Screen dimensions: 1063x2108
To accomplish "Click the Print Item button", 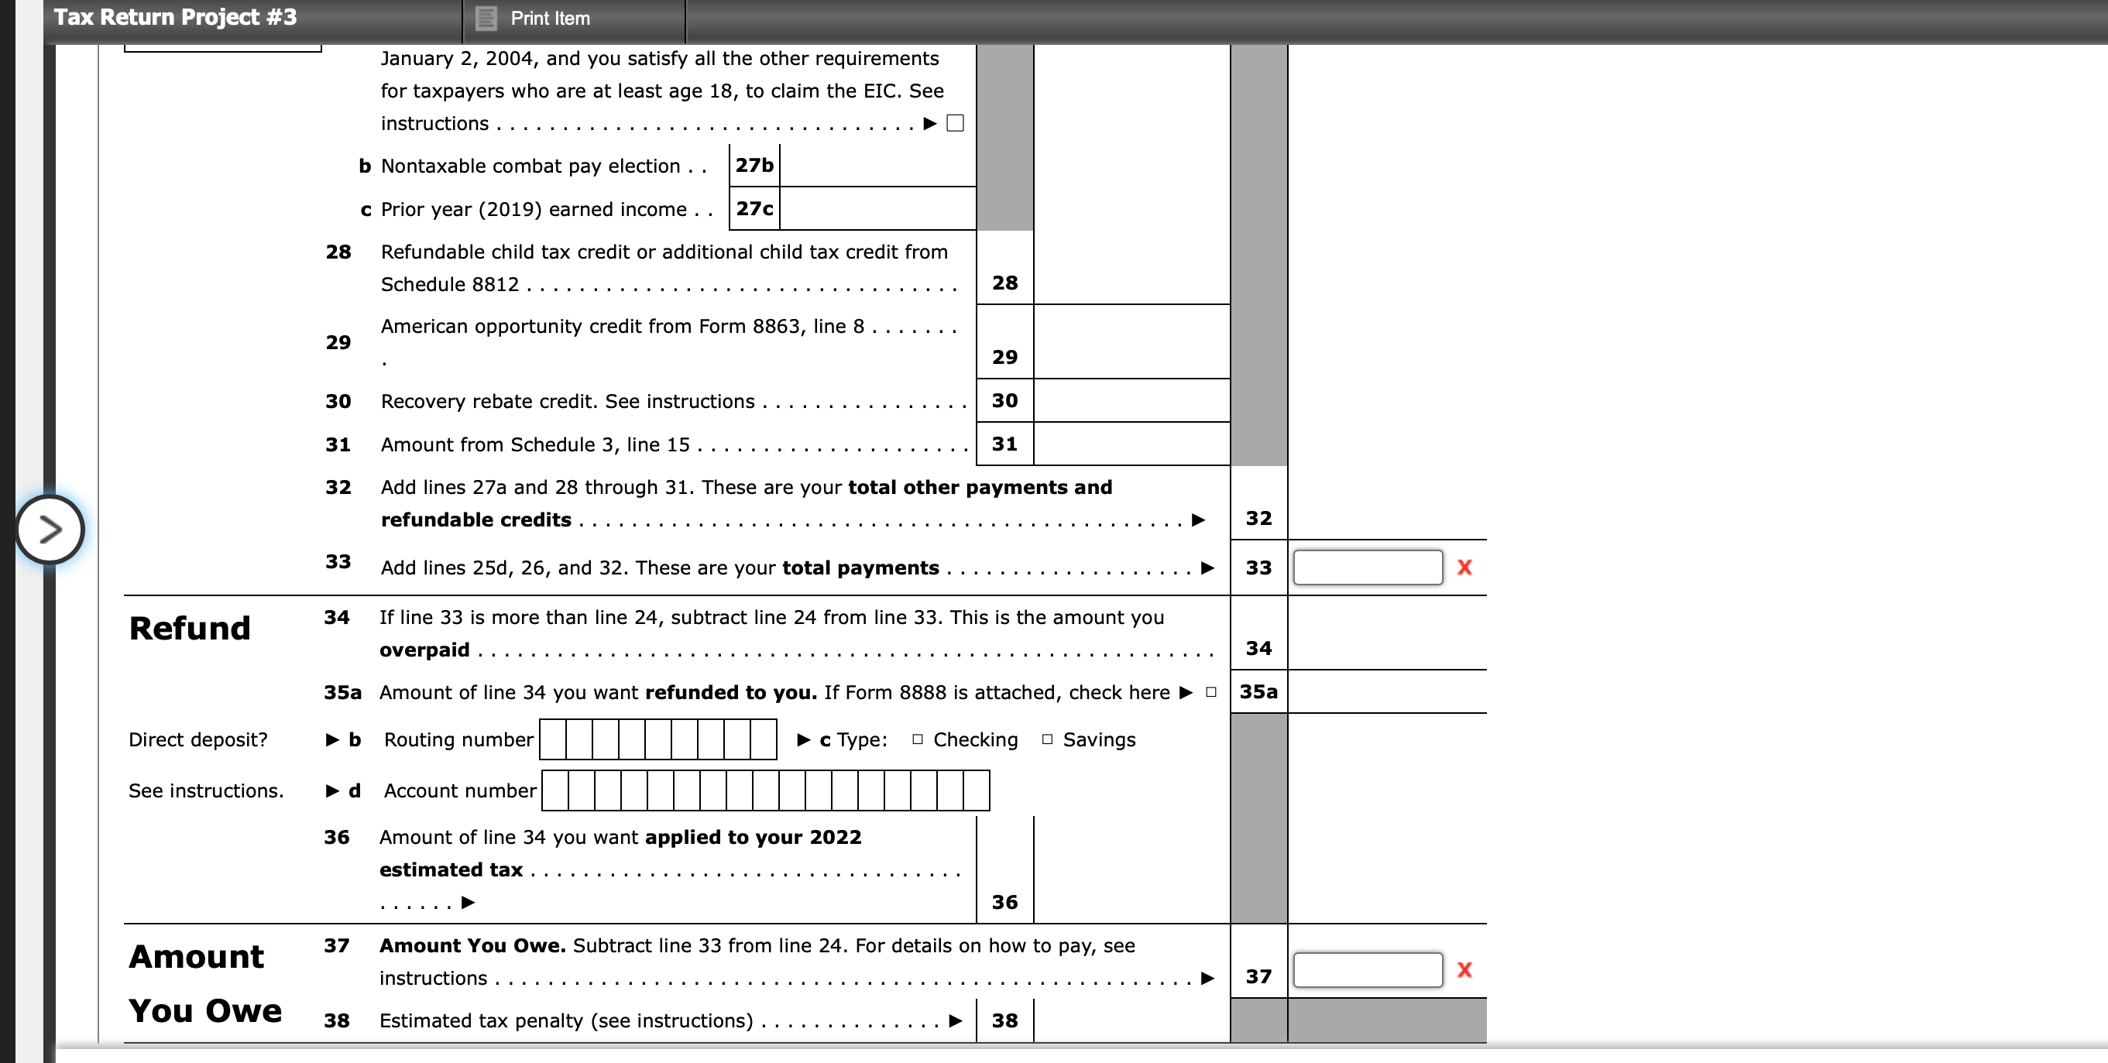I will (x=535, y=18).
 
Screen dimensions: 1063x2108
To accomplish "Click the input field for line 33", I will (x=1367, y=567).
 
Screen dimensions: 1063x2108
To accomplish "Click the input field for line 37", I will (x=1367, y=970).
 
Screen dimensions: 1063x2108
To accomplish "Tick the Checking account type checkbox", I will (x=918, y=739).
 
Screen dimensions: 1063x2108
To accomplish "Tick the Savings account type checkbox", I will (x=1046, y=739).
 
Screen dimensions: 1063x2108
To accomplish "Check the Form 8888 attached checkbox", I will (x=1211, y=692).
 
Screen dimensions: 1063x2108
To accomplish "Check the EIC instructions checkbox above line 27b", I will (x=955, y=124).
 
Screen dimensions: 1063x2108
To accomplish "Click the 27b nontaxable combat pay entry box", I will (x=877, y=166).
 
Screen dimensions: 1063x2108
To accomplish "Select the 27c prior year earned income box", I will (x=877, y=209).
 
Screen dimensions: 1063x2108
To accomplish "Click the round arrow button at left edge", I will (x=50, y=530).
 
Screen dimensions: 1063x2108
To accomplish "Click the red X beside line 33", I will (x=1464, y=567).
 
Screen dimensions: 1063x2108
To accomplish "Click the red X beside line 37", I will (x=1464, y=970).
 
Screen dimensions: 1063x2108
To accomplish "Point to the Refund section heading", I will (x=190, y=629).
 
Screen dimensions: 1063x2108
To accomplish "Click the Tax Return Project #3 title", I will (x=175, y=17).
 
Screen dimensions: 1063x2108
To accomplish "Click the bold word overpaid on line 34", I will (x=424, y=650).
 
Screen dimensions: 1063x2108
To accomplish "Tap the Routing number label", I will (x=458, y=739).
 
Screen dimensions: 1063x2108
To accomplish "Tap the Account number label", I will (x=460, y=790).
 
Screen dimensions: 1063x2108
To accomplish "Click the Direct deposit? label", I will (x=198, y=739).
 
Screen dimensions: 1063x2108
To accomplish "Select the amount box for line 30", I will (x=1131, y=400).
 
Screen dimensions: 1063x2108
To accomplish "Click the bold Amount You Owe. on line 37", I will (x=472, y=946).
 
